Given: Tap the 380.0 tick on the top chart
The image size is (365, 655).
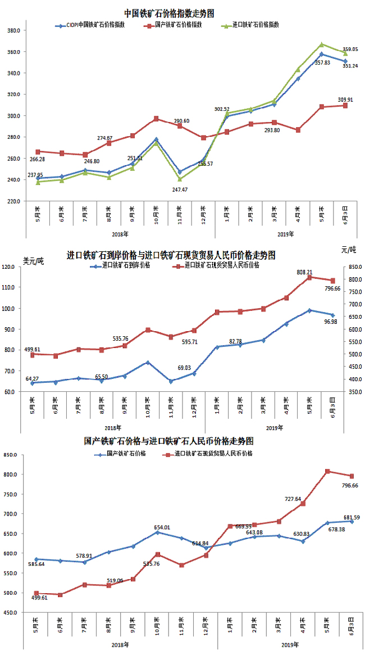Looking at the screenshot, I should (x=13, y=30).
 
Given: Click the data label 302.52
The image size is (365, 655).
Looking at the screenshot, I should (x=222, y=109).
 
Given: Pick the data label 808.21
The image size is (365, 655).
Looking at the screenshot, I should (x=305, y=272).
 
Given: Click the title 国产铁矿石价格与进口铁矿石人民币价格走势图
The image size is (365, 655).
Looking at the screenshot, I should (x=168, y=441).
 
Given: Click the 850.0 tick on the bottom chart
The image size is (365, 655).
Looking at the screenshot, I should (x=13, y=455).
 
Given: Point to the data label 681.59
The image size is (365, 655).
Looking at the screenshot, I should (x=352, y=517).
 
